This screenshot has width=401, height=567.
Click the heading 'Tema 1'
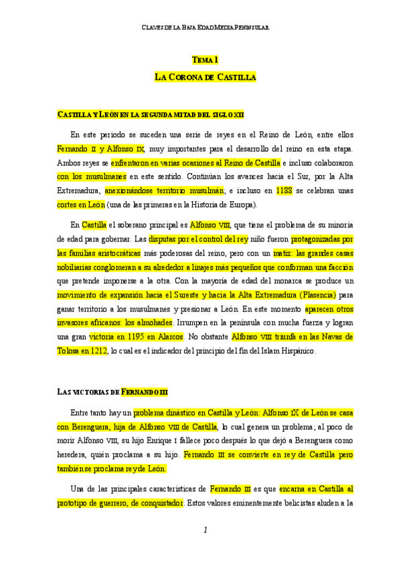pos(206,60)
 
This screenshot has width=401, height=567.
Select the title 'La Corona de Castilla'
pos(206,78)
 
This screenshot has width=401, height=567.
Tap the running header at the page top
pos(206,28)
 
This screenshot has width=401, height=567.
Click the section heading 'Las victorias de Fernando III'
pos(112,391)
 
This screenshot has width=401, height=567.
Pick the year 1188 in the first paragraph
pos(284,190)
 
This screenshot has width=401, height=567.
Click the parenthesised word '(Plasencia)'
pos(313,294)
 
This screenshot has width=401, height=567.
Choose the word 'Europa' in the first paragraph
pos(244,205)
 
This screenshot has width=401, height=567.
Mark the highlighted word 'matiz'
pos(282,253)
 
